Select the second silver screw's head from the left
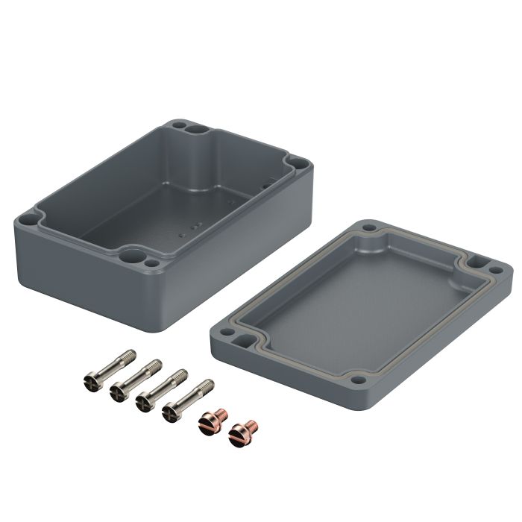coord(117,391)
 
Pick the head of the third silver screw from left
coord(142,403)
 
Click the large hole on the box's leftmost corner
coord(28,221)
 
